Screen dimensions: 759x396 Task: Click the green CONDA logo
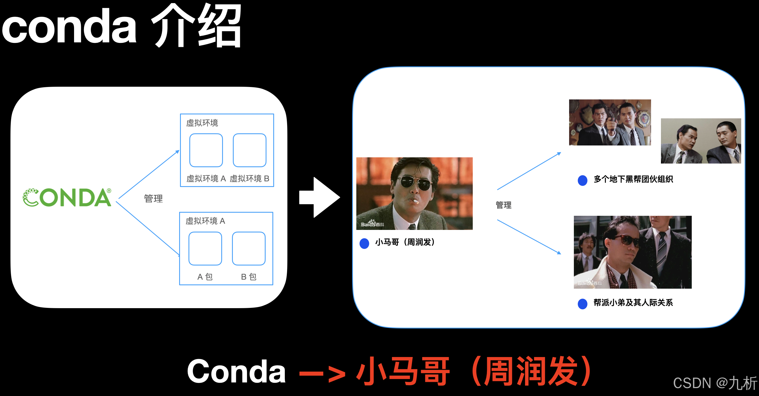pos(67,197)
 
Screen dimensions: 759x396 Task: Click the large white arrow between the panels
pos(319,197)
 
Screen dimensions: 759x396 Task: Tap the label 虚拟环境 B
pos(249,179)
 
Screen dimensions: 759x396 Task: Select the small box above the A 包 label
pos(205,249)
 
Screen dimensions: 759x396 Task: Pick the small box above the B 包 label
pos(249,249)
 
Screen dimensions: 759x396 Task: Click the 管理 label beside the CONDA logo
pos(153,199)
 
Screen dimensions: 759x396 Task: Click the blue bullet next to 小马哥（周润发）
pos(365,243)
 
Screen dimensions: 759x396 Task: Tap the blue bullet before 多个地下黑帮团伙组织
pos(582,180)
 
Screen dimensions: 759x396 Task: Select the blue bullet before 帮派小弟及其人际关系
pos(582,304)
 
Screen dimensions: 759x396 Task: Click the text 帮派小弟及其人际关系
pos(633,303)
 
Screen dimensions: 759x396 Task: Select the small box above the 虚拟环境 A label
pos(206,150)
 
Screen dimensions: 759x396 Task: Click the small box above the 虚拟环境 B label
pos(250,150)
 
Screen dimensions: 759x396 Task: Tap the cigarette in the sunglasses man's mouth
pos(415,202)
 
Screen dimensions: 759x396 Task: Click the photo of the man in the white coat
pos(632,252)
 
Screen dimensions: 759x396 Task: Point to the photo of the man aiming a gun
pos(610,122)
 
